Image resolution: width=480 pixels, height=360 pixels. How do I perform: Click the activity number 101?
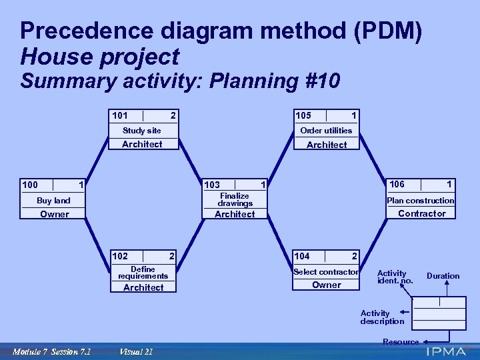(120, 115)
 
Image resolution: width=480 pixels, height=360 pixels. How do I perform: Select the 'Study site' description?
(141, 131)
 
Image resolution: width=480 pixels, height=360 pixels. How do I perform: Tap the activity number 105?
(303, 115)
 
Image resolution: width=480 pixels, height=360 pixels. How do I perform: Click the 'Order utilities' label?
(326, 131)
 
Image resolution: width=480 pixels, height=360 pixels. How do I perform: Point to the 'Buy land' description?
(53, 201)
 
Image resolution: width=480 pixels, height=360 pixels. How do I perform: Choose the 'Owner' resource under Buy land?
(54, 214)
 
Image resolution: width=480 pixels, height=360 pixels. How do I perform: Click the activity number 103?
(212, 185)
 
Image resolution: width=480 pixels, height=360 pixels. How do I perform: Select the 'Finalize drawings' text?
(235, 199)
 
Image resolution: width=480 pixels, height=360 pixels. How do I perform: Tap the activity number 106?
(397, 184)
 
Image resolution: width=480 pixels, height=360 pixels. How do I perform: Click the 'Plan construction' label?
(421, 201)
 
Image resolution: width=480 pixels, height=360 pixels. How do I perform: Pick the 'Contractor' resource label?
(421, 213)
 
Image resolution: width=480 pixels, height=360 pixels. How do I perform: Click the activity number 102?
(121, 256)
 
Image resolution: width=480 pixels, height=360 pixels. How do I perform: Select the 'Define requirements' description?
(143, 273)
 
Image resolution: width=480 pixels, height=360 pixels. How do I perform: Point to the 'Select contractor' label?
(326, 272)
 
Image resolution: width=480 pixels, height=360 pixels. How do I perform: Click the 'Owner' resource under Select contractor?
(326, 285)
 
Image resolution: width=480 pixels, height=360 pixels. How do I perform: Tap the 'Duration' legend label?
(443, 276)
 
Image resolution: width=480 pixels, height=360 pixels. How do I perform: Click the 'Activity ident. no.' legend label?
(395, 277)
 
